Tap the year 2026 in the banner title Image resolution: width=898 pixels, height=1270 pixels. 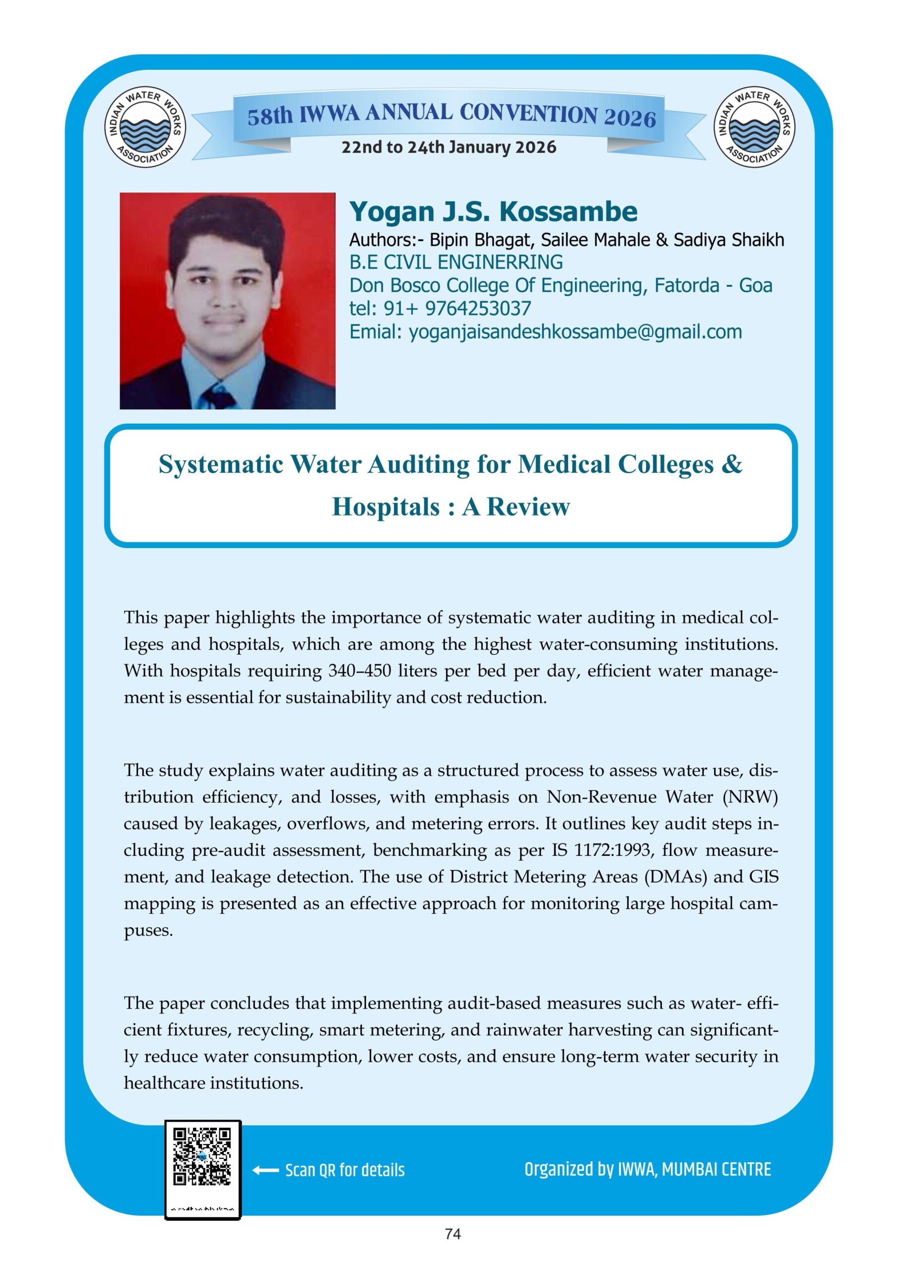click(630, 118)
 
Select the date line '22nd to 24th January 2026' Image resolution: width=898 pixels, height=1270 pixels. click(449, 147)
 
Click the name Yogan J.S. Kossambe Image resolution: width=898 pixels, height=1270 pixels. click(493, 211)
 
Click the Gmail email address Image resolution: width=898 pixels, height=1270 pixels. click(575, 332)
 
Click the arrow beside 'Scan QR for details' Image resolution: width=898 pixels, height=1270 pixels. click(265, 1170)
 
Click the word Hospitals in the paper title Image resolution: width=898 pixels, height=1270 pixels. click(385, 507)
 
